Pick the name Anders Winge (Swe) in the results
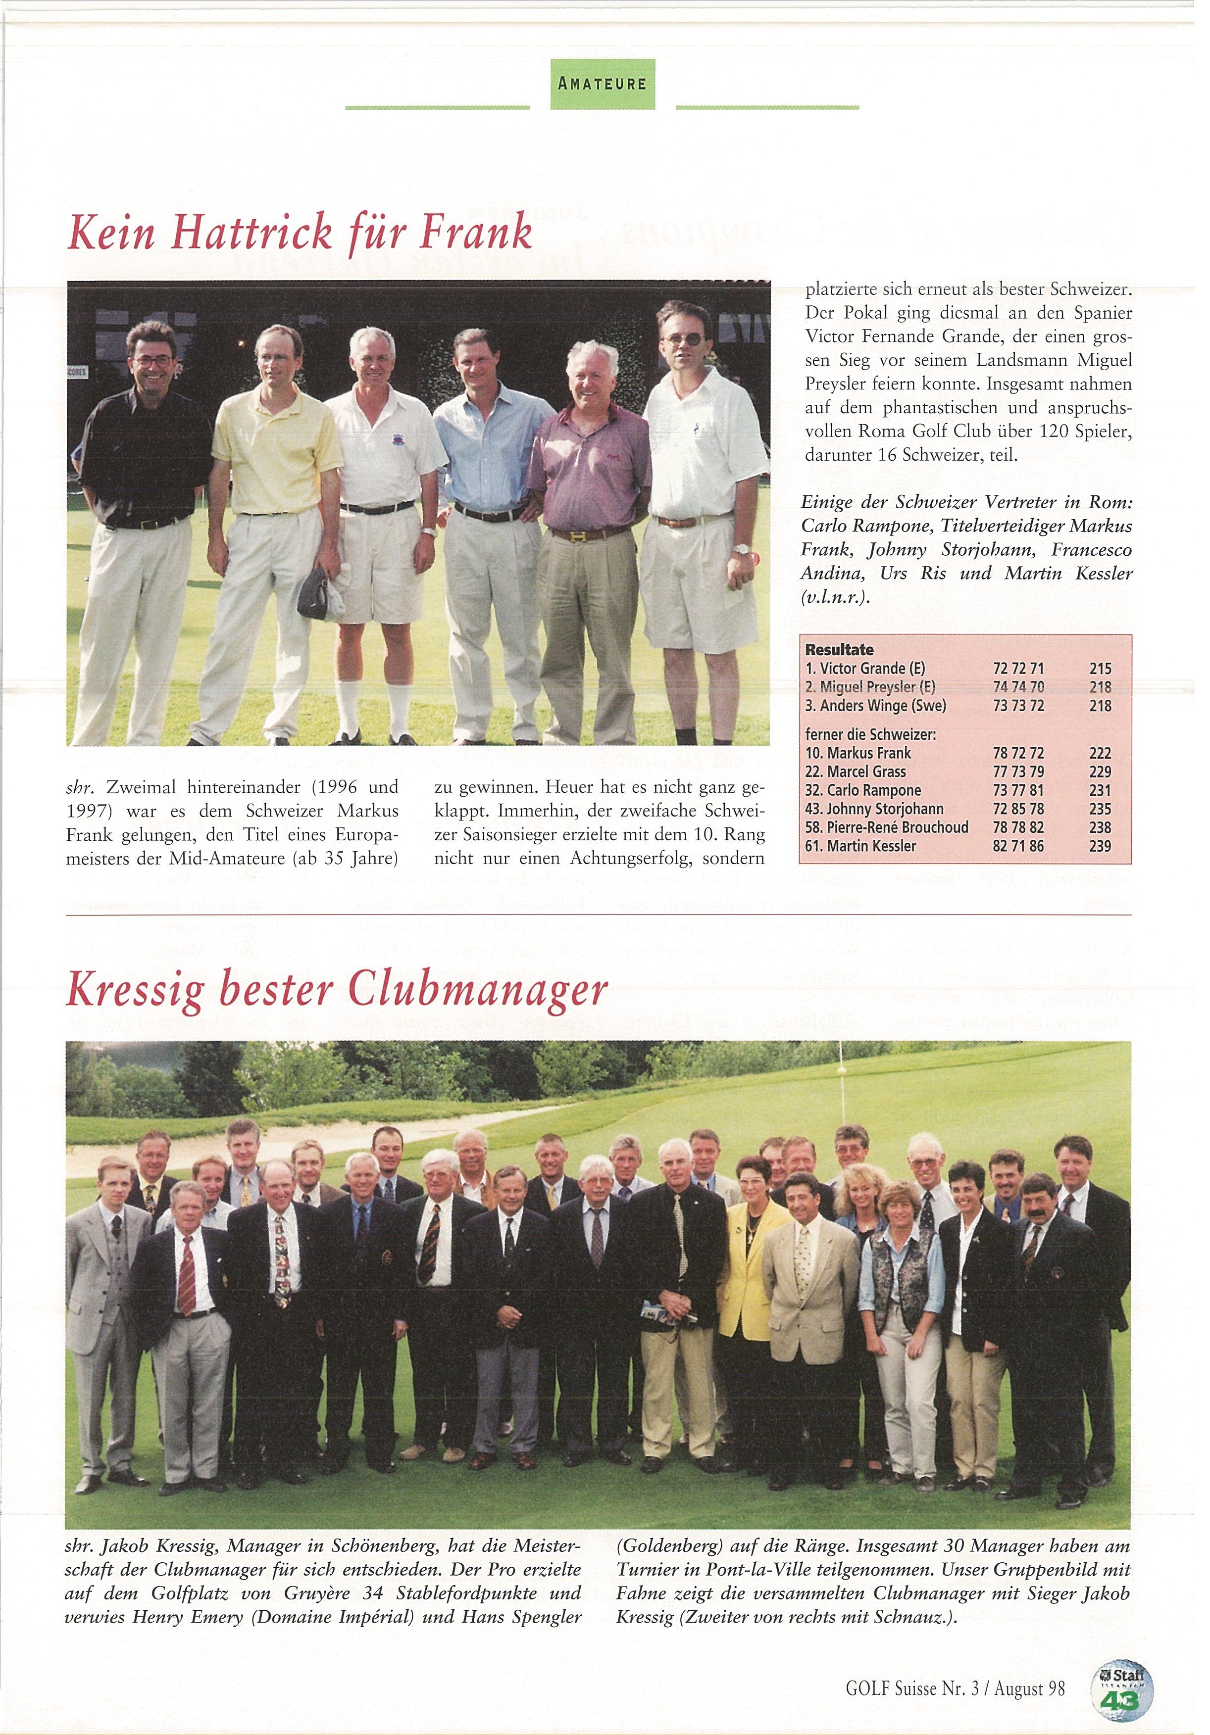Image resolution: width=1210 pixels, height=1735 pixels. point(875,706)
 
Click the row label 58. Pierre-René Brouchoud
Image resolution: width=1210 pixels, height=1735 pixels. point(887,827)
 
